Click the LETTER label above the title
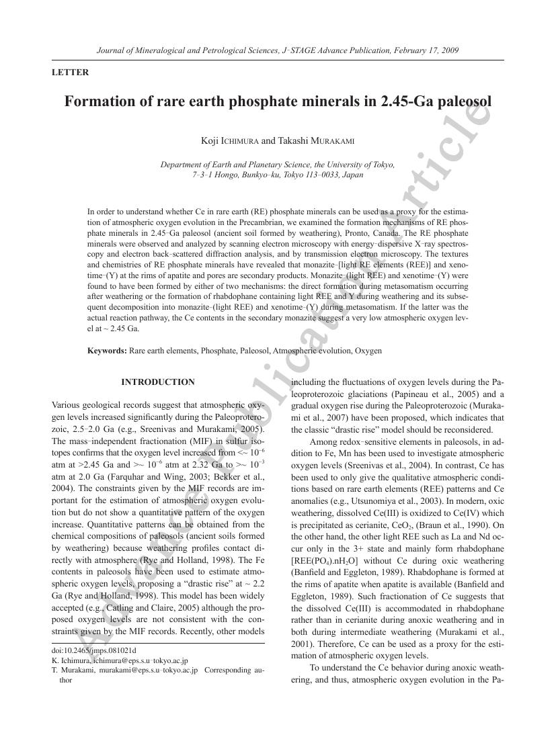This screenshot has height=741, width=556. (70, 73)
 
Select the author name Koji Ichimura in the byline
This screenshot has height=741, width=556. (229, 141)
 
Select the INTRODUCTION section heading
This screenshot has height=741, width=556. (158, 382)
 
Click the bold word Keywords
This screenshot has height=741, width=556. (107, 351)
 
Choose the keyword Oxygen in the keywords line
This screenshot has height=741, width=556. (368, 351)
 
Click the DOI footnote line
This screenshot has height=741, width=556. (93, 650)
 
